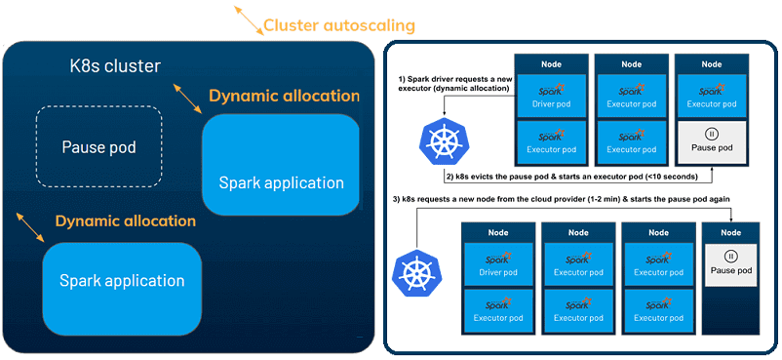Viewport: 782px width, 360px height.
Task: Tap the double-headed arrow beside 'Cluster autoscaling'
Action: (x=248, y=20)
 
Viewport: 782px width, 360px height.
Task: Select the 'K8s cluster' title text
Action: (x=114, y=66)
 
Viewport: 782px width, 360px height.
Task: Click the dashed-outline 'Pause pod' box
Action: (x=98, y=147)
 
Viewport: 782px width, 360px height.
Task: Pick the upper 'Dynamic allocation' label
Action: (x=284, y=96)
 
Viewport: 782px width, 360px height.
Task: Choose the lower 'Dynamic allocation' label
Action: (x=125, y=220)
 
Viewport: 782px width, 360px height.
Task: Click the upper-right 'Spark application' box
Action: (x=281, y=165)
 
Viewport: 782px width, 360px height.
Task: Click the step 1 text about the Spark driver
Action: (x=454, y=83)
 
